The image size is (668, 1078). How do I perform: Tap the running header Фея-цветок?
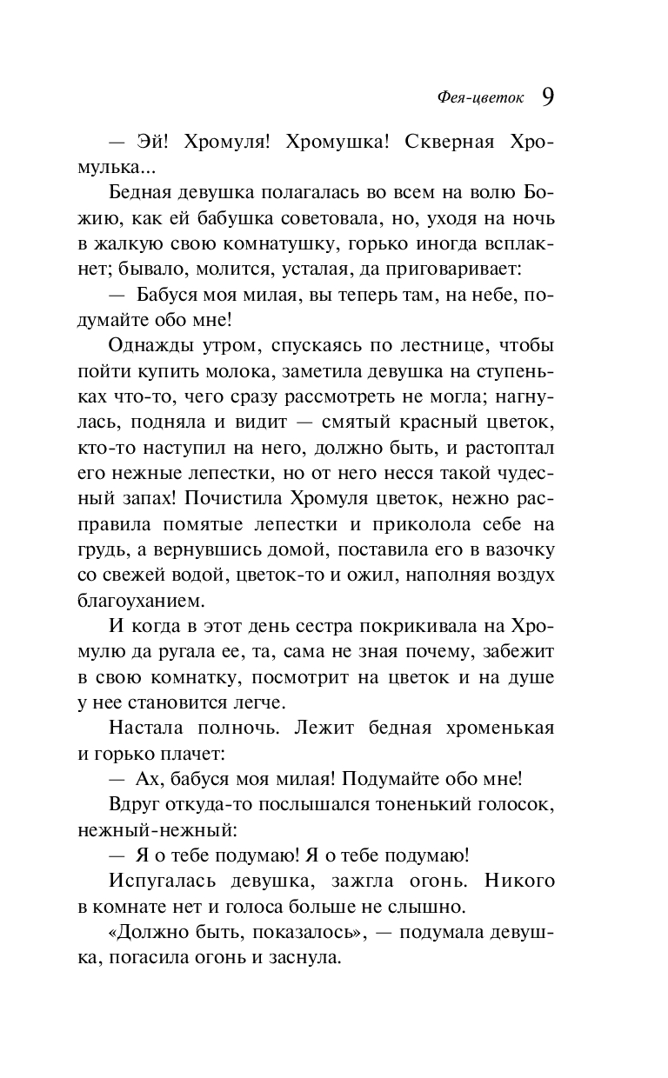tap(480, 97)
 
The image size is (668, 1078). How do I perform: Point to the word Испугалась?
tap(163, 879)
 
